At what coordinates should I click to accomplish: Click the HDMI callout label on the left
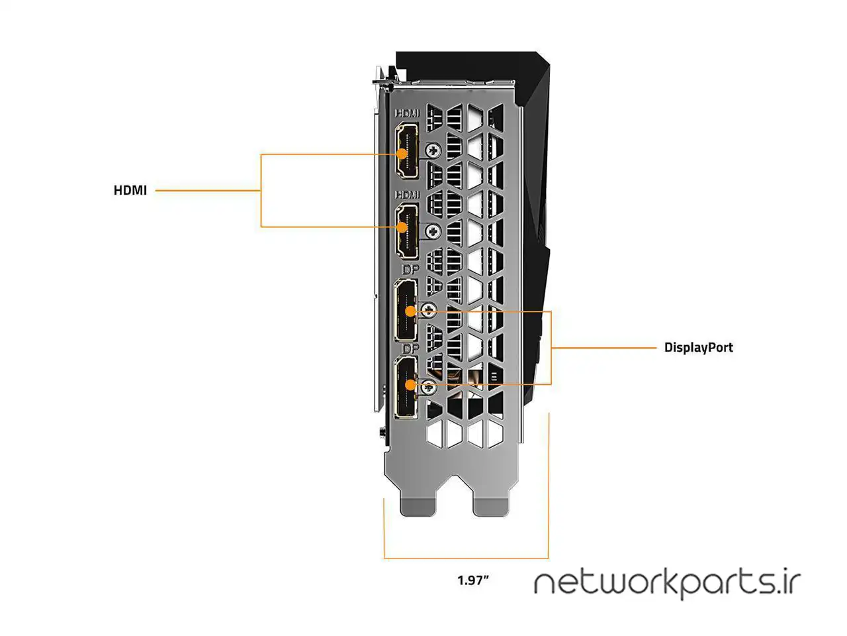coord(130,190)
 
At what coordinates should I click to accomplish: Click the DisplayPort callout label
coord(698,347)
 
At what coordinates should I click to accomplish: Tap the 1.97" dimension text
coord(473,580)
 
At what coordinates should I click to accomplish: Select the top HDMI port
coord(406,151)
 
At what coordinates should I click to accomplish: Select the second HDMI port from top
coord(406,231)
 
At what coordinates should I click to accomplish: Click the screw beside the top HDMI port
coord(433,150)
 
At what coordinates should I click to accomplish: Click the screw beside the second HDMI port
coord(433,231)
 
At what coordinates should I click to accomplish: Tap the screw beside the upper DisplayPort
coord(429,309)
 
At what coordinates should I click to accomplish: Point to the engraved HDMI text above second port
coord(407,195)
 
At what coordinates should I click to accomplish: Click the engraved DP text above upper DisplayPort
coord(410,271)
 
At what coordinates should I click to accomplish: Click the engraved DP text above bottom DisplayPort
coord(410,348)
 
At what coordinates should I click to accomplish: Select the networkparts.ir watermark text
coord(667,583)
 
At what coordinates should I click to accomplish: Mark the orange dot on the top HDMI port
coord(402,154)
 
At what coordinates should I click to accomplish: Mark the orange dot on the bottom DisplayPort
coord(410,384)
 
